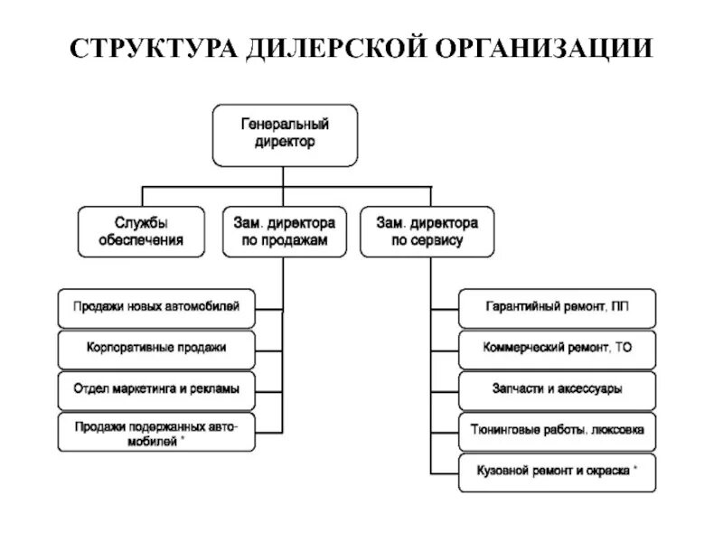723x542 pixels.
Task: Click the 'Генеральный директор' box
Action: pyautogui.click(x=285, y=135)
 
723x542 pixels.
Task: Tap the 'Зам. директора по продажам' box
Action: pyautogui.click(x=284, y=232)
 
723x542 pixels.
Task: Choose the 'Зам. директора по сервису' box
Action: pyautogui.click(x=427, y=232)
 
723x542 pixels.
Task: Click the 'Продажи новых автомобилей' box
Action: pyautogui.click(x=156, y=308)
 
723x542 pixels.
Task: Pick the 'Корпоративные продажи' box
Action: pyautogui.click(x=156, y=348)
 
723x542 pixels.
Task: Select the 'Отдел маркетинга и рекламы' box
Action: pyautogui.click(x=156, y=388)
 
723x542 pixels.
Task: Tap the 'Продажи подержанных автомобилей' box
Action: pyautogui.click(x=156, y=433)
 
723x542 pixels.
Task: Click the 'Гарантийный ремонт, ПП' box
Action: pyautogui.click(x=557, y=308)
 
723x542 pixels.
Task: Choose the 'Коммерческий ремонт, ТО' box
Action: pyautogui.click(x=557, y=348)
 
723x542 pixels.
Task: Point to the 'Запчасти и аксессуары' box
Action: pyautogui.click(x=557, y=389)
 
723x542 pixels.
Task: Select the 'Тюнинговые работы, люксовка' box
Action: pyautogui.click(x=557, y=431)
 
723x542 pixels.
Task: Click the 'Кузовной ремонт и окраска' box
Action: pyautogui.click(x=557, y=472)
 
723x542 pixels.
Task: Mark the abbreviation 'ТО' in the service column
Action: pyautogui.click(x=623, y=348)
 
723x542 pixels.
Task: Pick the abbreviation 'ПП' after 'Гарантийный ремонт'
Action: pyautogui.click(x=619, y=308)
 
